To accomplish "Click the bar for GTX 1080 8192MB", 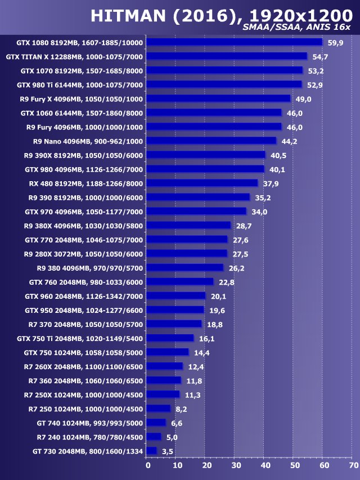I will [235, 42].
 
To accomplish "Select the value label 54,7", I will [321, 57].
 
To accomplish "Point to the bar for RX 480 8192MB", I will [202, 183].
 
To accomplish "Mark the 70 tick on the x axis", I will [353, 465].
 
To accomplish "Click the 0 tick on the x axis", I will [148, 465].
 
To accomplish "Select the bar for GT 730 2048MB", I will [152, 451].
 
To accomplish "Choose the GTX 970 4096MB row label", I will [84, 212].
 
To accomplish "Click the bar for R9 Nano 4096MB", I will [211, 141].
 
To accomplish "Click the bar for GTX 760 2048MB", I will [181, 281].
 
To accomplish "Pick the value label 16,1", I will [207, 339].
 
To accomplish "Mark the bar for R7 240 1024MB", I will [154, 437].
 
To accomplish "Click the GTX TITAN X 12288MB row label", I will [74, 57].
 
